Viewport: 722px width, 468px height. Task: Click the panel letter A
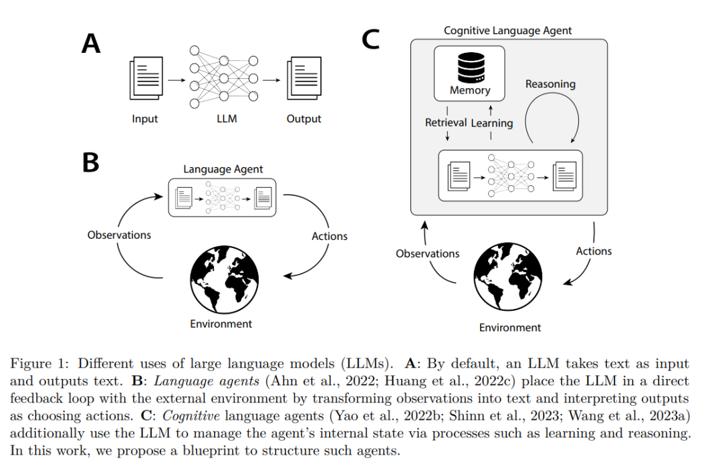click(91, 43)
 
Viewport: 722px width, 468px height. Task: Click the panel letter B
click(91, 162)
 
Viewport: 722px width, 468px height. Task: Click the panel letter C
click(370, 39)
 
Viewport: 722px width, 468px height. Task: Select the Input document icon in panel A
click(146, 78)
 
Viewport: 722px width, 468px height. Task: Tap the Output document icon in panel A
click(304, 78)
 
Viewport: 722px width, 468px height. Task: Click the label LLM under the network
click(227, 119)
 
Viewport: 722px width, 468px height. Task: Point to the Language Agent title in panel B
click(223, 170)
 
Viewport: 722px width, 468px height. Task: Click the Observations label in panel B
click(119, 235)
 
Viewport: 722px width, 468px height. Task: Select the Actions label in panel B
click(329, 236)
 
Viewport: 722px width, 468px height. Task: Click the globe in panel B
click(224, 279)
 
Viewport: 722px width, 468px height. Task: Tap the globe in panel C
click(508, 276)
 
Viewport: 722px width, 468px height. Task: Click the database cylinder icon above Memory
click(471, 68)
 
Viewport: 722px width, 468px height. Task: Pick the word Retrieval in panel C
click(446, 122)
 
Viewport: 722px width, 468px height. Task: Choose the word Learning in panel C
click(492, 124)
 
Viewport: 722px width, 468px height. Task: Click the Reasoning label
click(550, 84)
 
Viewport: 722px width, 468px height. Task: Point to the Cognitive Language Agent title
click(507, 31)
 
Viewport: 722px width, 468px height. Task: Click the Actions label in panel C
click(594, 251)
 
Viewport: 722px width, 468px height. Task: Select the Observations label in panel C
click(427, 254)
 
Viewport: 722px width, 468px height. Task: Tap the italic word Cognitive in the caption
click(191, 416)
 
